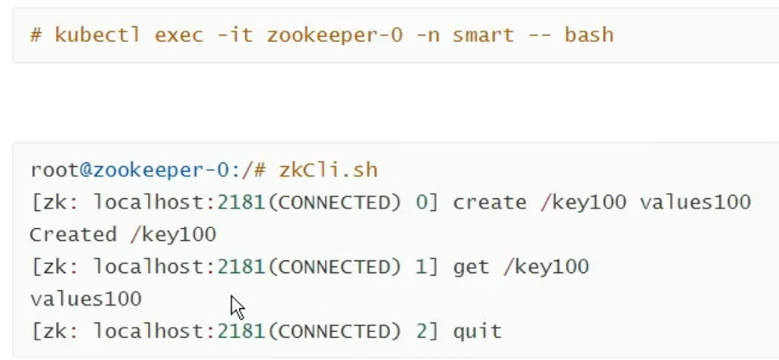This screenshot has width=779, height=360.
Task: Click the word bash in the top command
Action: (589, 35)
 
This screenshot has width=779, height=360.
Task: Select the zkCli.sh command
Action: (328, 170)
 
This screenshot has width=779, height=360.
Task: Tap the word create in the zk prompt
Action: (490, 203)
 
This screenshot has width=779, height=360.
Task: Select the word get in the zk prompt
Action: (472, 266)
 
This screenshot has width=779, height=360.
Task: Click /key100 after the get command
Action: (545, 266)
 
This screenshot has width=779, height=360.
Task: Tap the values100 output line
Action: (85, 299)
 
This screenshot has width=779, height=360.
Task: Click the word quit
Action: (477, 330)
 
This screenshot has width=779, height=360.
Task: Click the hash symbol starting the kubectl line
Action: (36, 35)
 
